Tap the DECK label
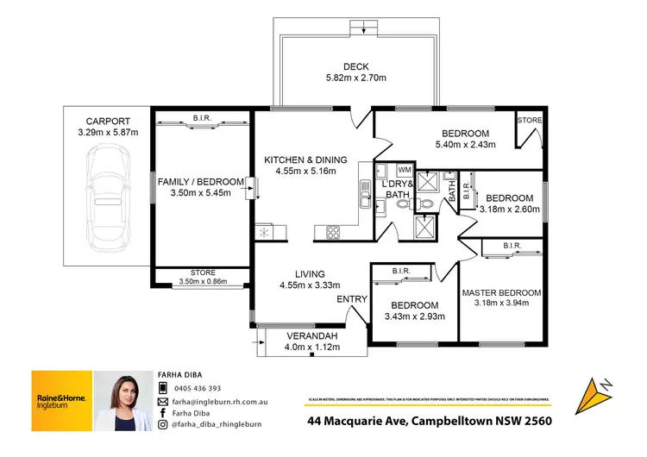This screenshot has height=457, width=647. coord(355,66)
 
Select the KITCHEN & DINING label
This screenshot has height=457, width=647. coord(305,160)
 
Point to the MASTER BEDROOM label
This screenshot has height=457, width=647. coord(501,292)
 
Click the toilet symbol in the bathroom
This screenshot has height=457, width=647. coord(424,204)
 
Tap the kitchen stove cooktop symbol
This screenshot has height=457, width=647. coord(330,231)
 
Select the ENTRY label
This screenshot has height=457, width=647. coord(351,299)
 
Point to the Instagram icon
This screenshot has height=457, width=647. coord(162,424)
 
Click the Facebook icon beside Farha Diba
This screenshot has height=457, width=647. coord(162,413)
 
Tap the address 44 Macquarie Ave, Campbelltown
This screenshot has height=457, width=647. coord(429,422)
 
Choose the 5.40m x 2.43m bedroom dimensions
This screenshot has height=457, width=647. coord(465,146)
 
